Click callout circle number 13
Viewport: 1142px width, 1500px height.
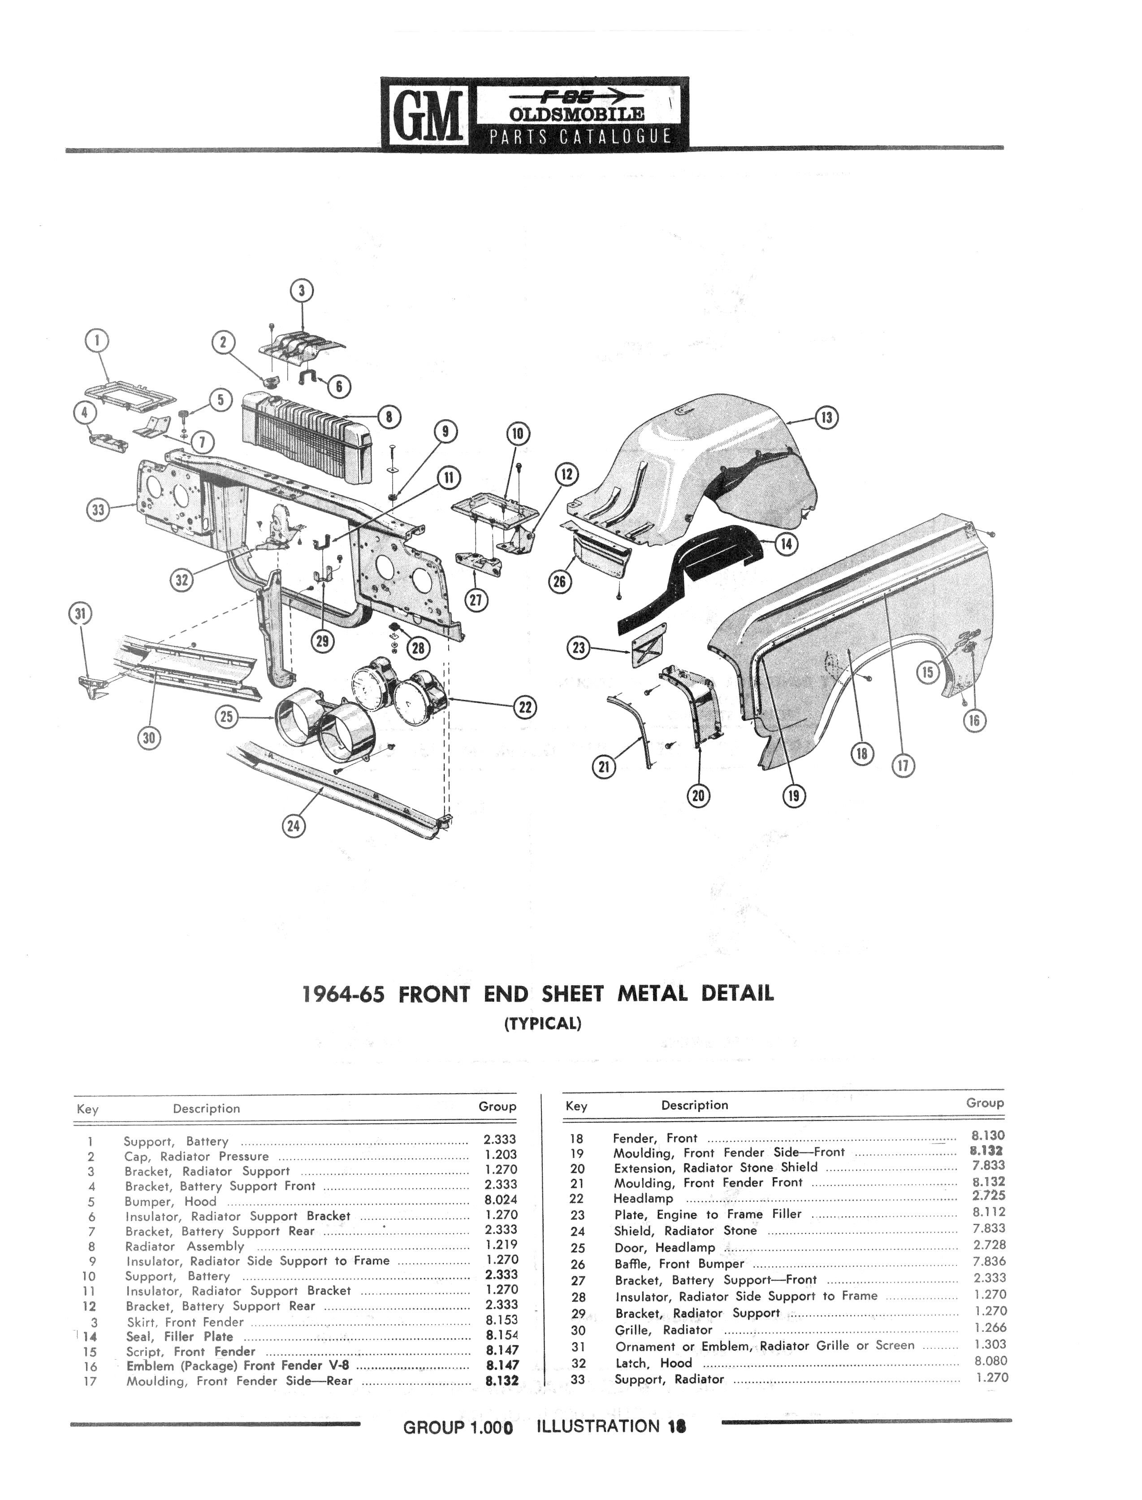point(826,417)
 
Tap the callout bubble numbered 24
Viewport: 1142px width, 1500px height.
point(293,826)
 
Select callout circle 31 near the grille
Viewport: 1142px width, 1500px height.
point(81,614)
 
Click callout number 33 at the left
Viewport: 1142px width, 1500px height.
point(99,510)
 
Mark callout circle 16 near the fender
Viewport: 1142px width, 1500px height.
point(974,720)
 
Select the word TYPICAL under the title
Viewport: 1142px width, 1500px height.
point(542,1023)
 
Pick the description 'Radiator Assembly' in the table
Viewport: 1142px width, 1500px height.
point(184,1246)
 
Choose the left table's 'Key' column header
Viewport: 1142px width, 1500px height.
point(88,1109)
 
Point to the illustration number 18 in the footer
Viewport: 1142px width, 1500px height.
point(676,1426)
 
